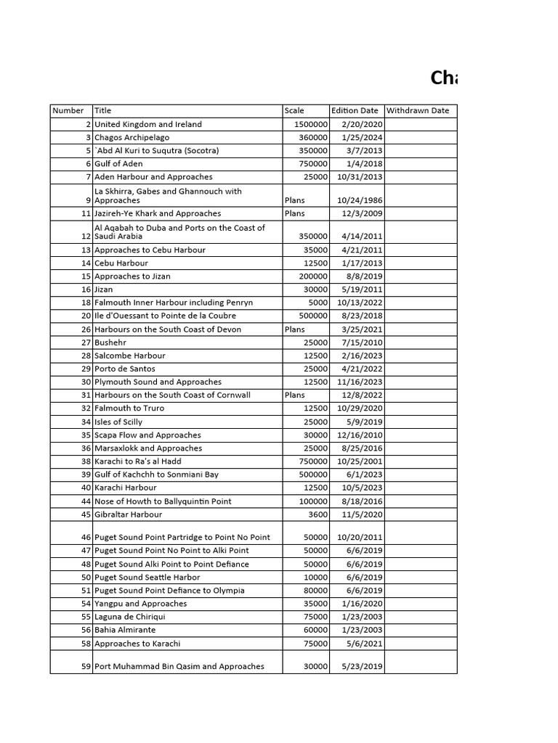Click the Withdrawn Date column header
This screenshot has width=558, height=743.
418,111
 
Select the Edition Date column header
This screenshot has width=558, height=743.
355,111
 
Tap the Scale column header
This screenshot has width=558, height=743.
294,111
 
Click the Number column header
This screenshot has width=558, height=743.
68,111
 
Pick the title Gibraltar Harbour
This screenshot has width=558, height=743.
129,514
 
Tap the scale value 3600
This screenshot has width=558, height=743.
318,514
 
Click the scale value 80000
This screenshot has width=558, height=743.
315,591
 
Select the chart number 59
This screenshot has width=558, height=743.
86,666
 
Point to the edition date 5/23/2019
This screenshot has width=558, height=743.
362,666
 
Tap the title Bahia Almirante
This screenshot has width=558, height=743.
125,630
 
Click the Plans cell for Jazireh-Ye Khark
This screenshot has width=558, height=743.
295,213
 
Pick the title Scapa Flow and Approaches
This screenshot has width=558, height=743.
147,435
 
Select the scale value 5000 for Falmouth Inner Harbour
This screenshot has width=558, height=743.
318,303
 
